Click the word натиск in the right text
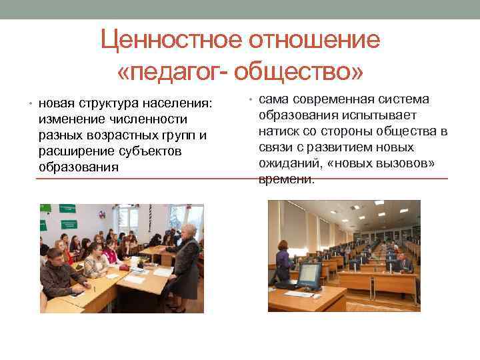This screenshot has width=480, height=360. [x=279, y=131]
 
